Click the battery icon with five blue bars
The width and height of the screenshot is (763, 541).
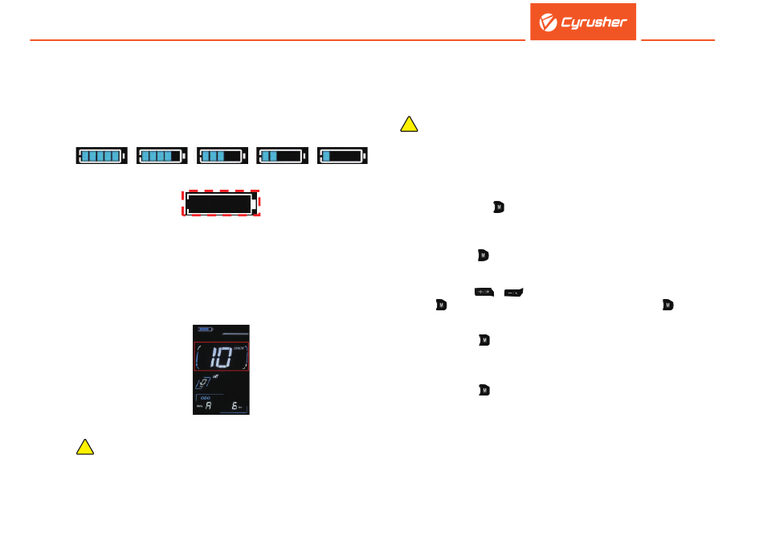[102, 156]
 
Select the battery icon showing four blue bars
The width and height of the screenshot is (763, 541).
[162, 156]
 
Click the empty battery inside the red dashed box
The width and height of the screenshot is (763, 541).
[222, 203]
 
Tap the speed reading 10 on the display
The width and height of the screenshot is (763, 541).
[215, 356]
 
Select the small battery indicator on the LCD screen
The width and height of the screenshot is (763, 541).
[205, 329]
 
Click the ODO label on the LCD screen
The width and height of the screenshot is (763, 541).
[205, 396]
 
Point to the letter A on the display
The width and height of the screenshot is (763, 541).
[209, 407]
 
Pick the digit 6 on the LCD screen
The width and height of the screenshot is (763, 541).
[235, 408]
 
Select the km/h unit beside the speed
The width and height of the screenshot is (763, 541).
[239, 346]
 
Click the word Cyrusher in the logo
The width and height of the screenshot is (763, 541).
[594, 23]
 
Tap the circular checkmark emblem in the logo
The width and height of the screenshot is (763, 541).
[549, 23]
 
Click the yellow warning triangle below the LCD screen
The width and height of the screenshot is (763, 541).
[85, 448]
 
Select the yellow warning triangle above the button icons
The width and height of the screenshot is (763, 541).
[409, 124]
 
